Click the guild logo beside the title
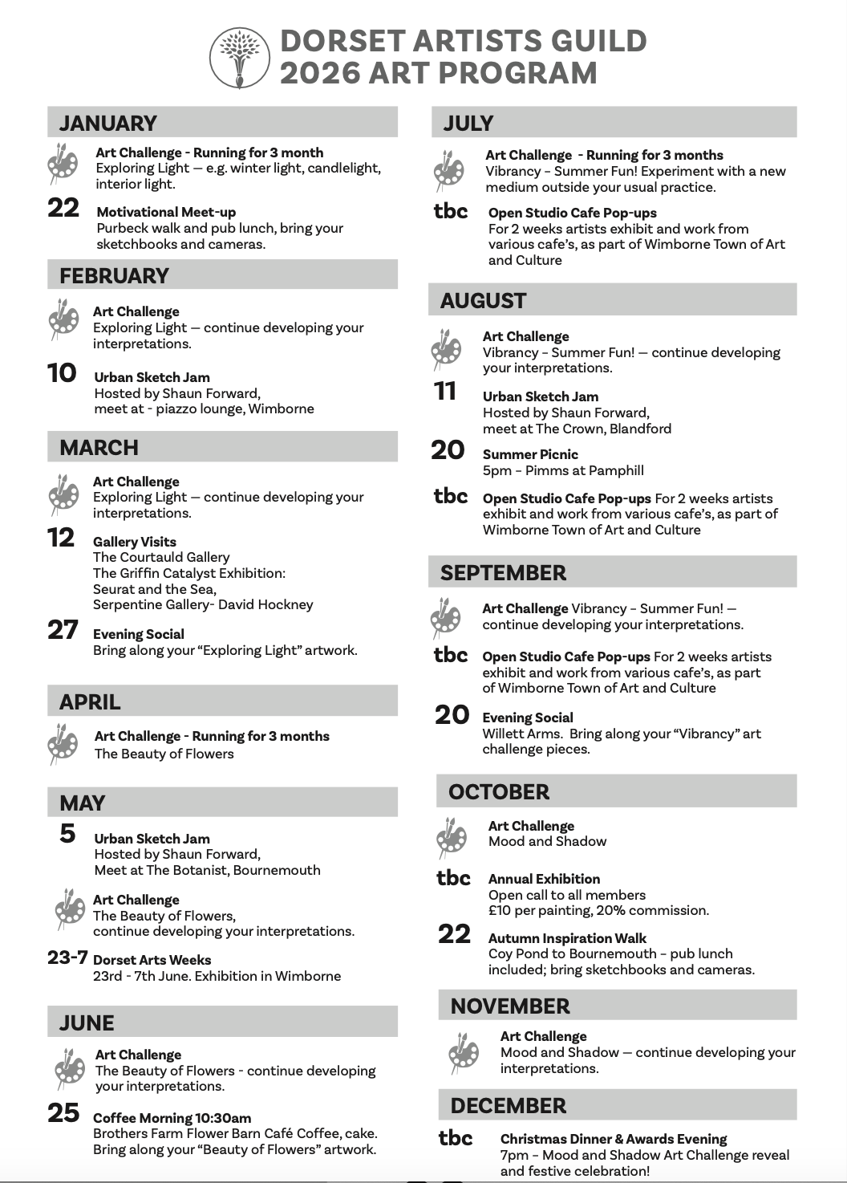pos(238,57)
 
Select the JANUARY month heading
pos(108,123)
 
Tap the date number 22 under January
pos(64,208)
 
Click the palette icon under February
pos(63,318)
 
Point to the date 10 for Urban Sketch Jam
pos(63,373)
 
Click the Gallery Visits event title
pos(135,542)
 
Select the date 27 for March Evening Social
pos(63,630)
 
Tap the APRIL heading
pos(90,702)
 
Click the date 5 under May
pos(67,834)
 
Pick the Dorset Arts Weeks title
pos(152,960)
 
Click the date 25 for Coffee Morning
pos(64,1113)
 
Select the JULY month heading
pos(468,123)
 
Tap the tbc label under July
pos(451,211)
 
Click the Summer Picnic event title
pos(530,454)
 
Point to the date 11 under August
pos(445,392)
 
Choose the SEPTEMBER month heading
pos(503,573)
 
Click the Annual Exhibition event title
pos(544,879)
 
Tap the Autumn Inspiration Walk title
pos(567,938)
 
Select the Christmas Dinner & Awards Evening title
pos(614,1139)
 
